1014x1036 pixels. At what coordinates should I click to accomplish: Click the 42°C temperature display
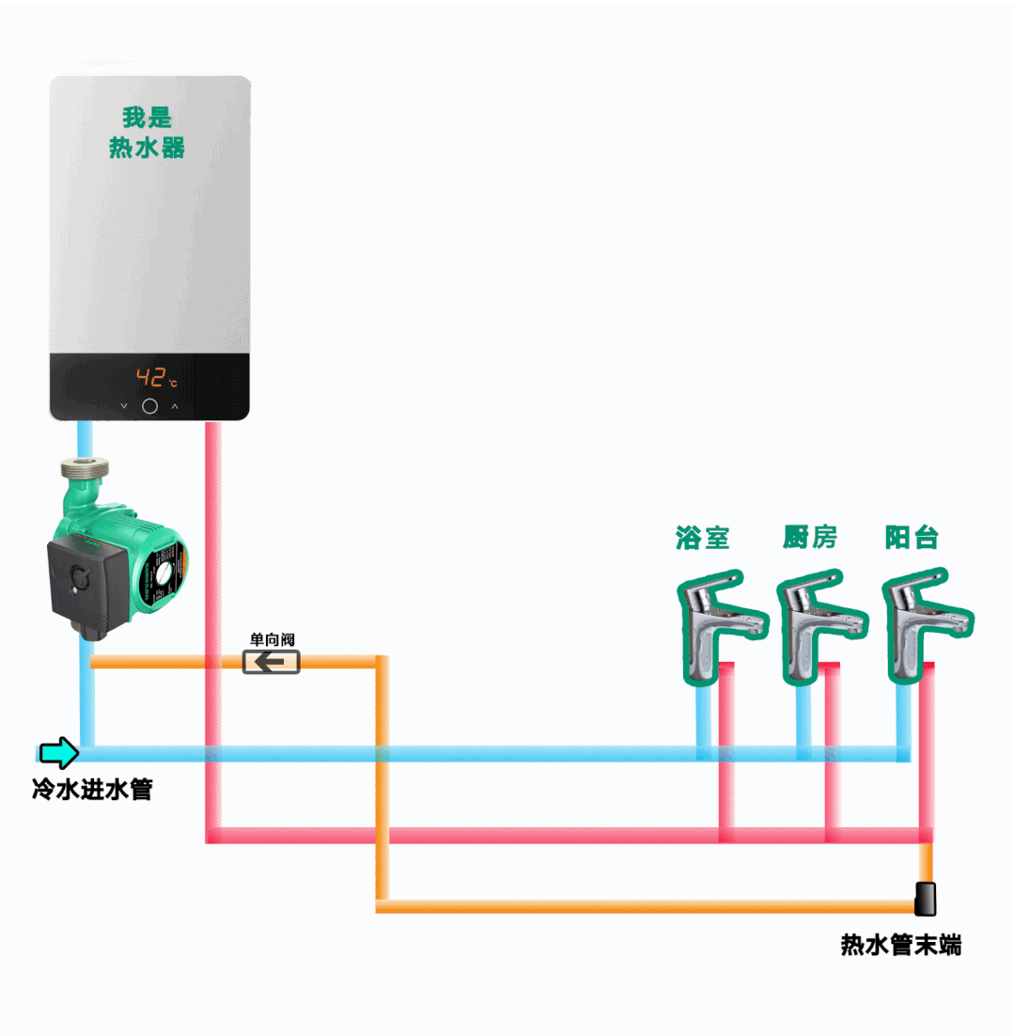pyautogui.click(x=156, y=379)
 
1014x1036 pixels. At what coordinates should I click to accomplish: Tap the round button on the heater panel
pyautogui.click(x=149, y=406)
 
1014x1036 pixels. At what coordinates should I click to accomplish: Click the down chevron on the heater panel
pyautogui.click(x=124, y=406)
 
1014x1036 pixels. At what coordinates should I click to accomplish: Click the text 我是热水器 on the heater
pyautogui.click(x=148, y=133)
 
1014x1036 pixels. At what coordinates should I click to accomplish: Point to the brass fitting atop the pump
pyautogui.click(x=84, y=476)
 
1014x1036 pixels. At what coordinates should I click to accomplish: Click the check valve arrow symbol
pyautogui.click(x=272, y=663)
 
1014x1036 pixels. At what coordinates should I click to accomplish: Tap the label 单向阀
pyautogui.click(x=272, y=639)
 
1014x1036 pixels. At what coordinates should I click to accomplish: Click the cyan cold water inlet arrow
pyautogui.click(x=59, y=752)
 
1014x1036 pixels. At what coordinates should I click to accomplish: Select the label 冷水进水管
pyautogui.click(x=91, y=789)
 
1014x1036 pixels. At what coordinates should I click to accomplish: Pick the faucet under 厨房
pyautogui.click(x=813, y=620)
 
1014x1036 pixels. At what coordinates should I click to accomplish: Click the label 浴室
pyautogui.click(x=703, y=538)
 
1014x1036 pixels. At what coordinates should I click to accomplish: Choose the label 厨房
pyautogui.click(x=809, y=538)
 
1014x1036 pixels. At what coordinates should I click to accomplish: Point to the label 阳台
pyautogui.click(x=912, y=538)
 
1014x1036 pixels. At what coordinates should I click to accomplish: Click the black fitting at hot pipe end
pyautogui.click(x=926, y=899)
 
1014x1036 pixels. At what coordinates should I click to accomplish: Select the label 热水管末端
pyautogui.click(x=900, y=945)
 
